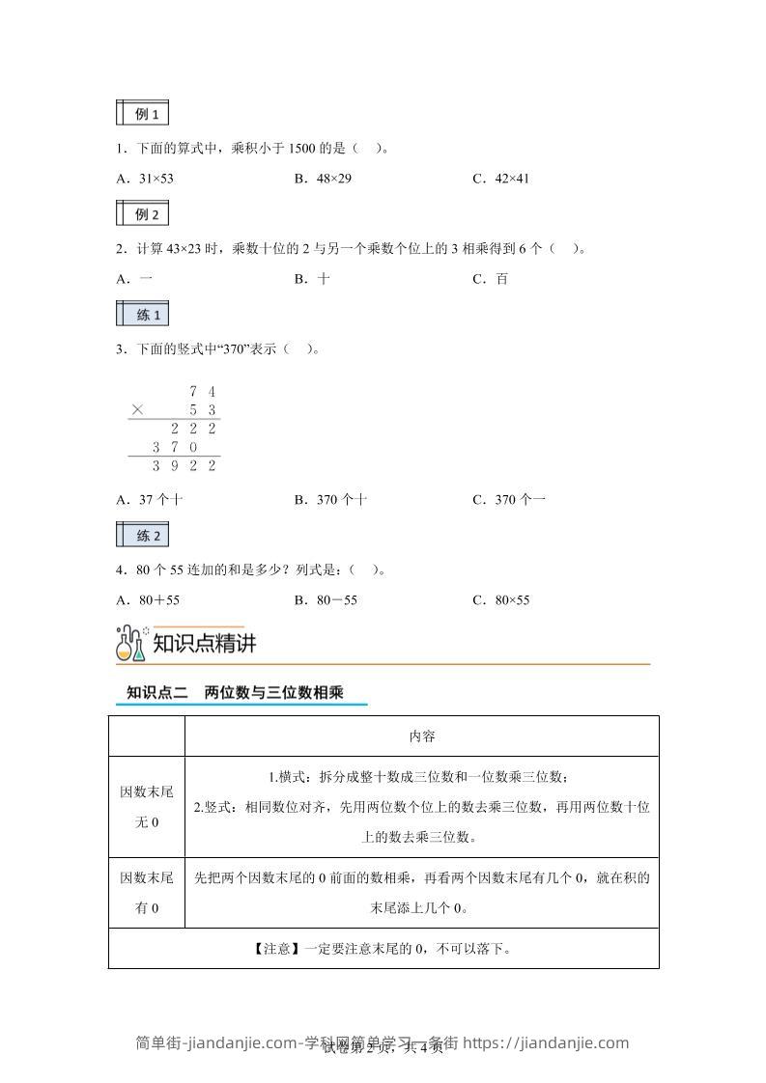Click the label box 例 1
click(x=142, y=114)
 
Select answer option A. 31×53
click(x=145, y=179)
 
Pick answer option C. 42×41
click(x=501, y=179)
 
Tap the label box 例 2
click(x=142, y=214)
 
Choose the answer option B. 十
click(x=313, y=279)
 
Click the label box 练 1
click(x=142, y=315)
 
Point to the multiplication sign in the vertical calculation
click(x=137, y=410)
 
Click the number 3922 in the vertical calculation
click(x=184, y=466)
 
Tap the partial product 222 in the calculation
click(x=193, y=429)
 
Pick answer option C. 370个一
click(x=509, y=500)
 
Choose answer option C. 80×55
click(x=501, y=600)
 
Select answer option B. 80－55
click(x=326, y=600)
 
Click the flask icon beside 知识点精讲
click(x=130, y=644)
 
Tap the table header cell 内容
click(x=422, y=736)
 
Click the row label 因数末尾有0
click(x=147, y=893)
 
